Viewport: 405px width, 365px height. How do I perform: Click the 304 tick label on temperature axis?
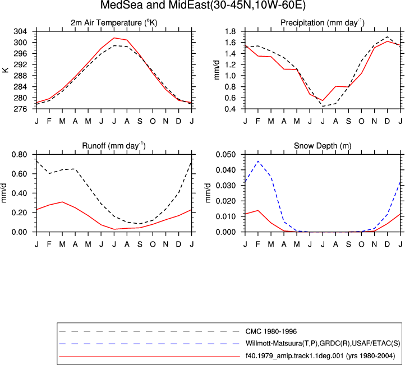coord(20,31)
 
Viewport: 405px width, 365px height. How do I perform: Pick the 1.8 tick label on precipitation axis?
coord(231,31)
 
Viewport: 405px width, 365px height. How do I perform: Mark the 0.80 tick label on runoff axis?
coord(20,155)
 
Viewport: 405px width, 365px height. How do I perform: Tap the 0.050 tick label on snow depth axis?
coord(225,155)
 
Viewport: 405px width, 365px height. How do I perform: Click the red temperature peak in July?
coord(114,38)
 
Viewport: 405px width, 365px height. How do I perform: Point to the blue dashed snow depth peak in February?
coord(258,161)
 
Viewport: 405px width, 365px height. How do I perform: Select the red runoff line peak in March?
coord(62,202)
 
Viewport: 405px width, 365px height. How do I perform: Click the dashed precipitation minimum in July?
coord(323,106)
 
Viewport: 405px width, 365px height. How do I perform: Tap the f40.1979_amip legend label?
coord(320,356)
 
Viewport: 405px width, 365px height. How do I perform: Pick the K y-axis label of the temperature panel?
coord(6,70)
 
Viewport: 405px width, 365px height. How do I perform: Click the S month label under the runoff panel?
coord(140,244)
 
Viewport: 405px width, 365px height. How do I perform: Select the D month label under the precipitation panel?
coord(387,121)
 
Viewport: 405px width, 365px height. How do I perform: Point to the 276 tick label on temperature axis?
coord(20,109)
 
